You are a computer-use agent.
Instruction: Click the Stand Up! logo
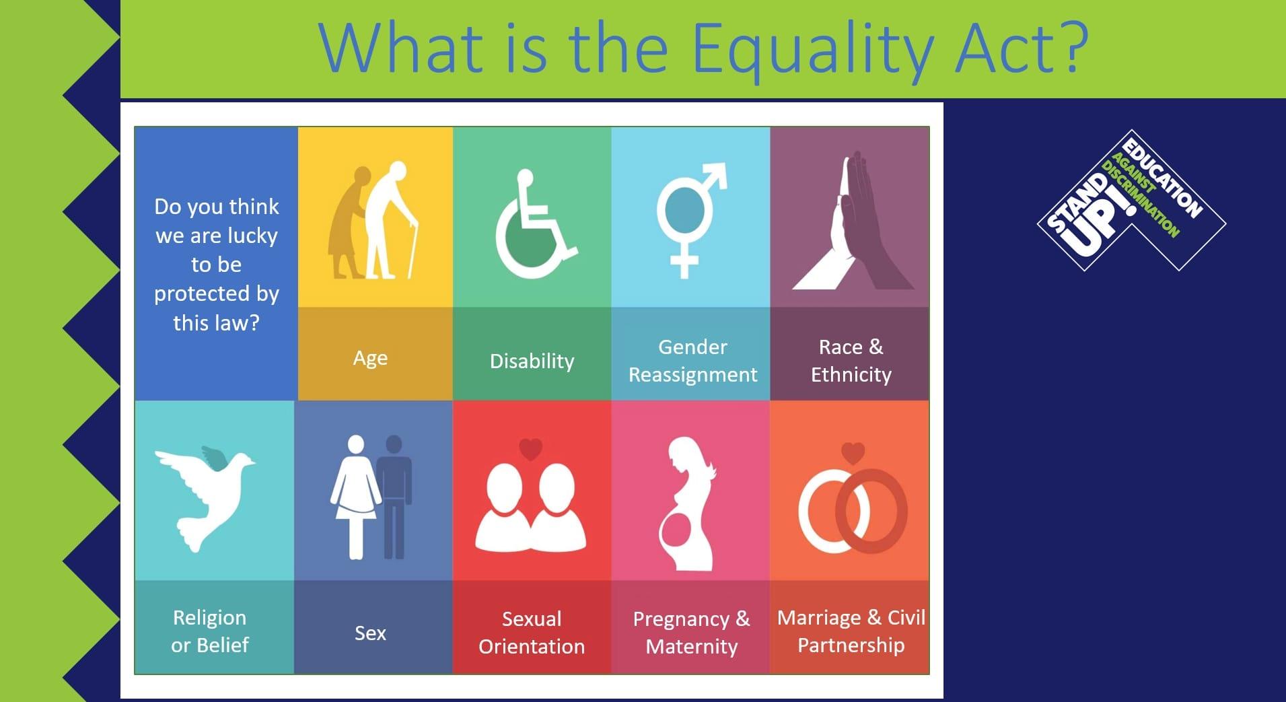coord(1131,201)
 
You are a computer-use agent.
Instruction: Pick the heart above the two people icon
coord(530,449)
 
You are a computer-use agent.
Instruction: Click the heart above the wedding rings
coord(853,453)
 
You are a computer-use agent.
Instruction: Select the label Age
coord(370,359)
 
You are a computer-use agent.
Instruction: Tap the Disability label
coord(532,361)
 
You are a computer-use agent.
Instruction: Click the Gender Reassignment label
coord(692,361)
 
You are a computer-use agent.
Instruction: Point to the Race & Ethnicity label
coord(851,361)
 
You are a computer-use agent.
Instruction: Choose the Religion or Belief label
coord(210,631)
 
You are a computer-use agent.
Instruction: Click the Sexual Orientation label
coord(532,633)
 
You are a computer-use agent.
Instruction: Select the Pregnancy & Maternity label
coord(692,633)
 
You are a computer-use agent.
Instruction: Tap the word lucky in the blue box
coord(252,236)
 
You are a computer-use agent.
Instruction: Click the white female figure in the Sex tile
coord(355,497)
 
